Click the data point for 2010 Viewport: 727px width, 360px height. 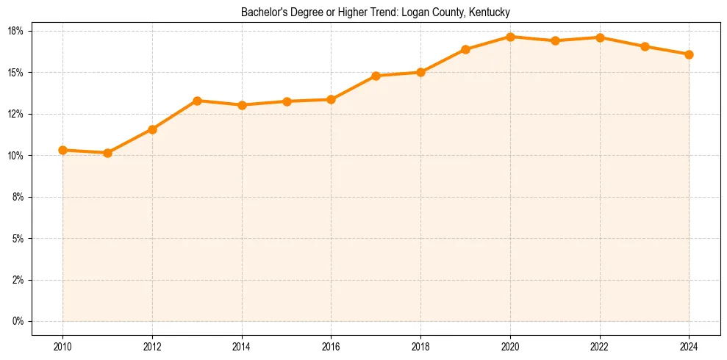point(62,150)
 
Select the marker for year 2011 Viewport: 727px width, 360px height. point(107,153)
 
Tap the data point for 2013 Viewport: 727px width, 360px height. point(197,101)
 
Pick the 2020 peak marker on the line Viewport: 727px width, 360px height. point(510,37)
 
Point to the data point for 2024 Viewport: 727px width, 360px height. point(689,54)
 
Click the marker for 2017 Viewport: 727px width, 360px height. point(376,76)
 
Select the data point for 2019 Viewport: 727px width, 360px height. point(465,49)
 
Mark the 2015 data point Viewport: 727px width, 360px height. point(287,101)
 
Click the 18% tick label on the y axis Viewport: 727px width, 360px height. point(16,31)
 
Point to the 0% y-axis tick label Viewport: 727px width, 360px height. point(18,321)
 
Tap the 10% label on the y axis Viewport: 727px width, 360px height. point(16,156)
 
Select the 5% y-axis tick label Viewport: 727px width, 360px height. point(18,239)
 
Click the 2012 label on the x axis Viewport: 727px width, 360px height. point(152,346)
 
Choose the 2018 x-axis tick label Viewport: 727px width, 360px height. point(420,346)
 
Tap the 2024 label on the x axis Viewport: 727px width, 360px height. point(689,346)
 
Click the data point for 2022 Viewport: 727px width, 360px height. point(600,37)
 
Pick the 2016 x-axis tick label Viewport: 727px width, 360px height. point(331,346)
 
